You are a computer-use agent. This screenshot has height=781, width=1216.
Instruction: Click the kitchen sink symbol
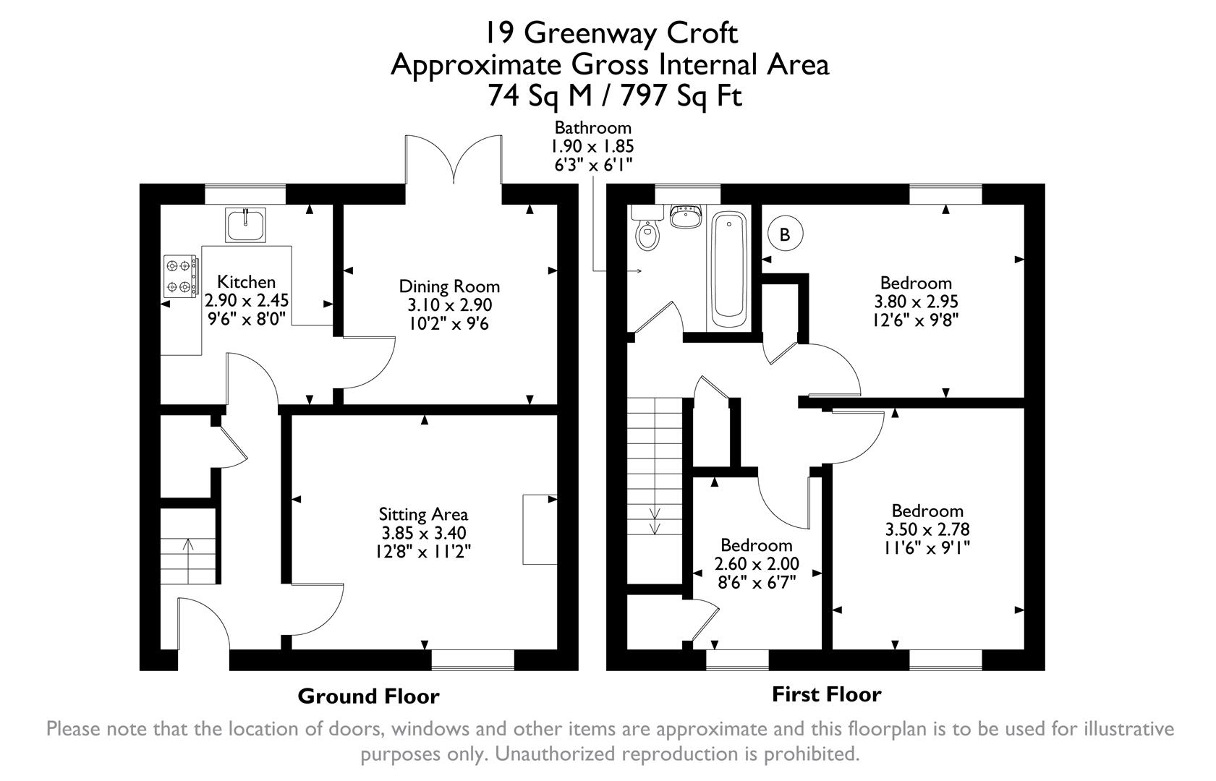point(246,224)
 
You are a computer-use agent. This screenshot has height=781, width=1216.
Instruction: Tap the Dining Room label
point(449,286)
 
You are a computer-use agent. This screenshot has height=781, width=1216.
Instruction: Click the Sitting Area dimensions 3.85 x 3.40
point(423,534)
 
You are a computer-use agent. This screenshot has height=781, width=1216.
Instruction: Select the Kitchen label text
point(246,282)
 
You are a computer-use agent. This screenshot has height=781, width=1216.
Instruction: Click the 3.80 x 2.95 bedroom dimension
point(916,302)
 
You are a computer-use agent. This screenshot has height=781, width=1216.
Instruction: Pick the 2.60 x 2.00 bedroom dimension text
point(757,564)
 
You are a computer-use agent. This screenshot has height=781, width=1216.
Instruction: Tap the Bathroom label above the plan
point(592,128)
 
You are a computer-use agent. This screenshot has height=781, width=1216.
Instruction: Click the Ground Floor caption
point(368,696)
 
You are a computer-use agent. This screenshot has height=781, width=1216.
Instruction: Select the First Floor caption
point(826,695)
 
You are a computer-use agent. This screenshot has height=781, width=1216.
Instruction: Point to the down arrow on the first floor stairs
point(655,520)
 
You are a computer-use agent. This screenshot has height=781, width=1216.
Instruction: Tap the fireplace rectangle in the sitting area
point(540,529)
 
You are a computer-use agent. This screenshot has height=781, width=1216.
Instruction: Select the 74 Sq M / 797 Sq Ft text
point(615,95)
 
